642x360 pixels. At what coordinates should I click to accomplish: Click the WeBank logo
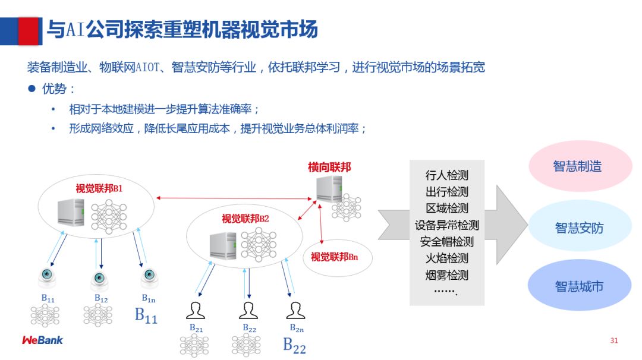[x=42, y=340]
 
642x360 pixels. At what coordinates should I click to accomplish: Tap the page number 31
[x=614, y=340]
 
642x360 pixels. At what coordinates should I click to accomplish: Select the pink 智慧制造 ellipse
[x=580, y=166]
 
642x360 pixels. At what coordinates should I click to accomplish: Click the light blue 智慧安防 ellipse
[x=580, y=228]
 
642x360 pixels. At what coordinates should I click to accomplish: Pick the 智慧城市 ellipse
[x=580, y=286]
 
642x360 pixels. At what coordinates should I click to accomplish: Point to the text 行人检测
[x=447, y=175]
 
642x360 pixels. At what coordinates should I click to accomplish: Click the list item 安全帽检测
[x=447, y=242]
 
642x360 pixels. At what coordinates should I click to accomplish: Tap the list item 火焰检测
[x=447, y=258]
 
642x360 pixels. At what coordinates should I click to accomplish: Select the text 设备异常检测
[x=447, y=225]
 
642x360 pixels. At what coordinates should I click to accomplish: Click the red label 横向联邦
[x=329, y=168]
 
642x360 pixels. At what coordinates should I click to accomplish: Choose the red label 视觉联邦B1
[x=99, y=189]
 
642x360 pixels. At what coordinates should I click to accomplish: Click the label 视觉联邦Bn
[x=334, y=257]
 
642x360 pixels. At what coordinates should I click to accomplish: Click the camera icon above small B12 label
[x=100, y=279]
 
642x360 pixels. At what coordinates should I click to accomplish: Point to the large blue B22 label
[x=294, y=345]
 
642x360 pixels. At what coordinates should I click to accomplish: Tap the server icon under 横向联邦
[x=328, y=189]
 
